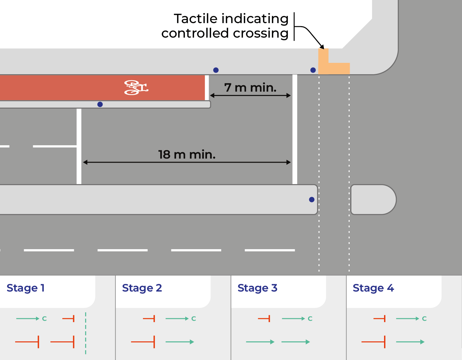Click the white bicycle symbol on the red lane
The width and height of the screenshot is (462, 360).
(x=136, y=87)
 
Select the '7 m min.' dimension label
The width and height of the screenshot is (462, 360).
(x=250, y=87)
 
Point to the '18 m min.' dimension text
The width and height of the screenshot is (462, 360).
(x=187, y=154)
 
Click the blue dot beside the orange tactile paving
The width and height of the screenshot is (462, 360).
(x=313, y=70)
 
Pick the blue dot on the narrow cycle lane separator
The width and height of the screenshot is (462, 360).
(x=100, y=104)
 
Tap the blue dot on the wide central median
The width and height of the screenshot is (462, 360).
(x=311, y=200)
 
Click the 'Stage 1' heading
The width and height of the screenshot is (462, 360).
(x=26, y=288)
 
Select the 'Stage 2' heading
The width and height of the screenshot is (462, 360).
(x=142, y=288)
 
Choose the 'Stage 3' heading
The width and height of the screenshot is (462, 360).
(x=257, y=288)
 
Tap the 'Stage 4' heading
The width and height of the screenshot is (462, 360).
(x=373, y=288)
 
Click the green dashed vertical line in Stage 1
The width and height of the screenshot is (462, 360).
(x=86, y=333)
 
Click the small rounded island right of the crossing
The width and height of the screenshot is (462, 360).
(x=373, y=200)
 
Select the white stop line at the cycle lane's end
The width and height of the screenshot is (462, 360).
(x=207, y=87)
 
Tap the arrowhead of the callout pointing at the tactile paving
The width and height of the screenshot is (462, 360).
(x=322, y=47)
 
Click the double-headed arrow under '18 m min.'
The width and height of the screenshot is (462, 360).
(x=187, y=162)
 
